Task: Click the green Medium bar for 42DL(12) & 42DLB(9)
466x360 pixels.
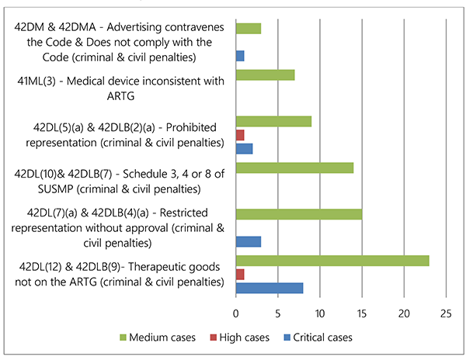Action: pos(332,261)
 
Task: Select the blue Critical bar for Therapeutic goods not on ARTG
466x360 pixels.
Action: pos(269,288)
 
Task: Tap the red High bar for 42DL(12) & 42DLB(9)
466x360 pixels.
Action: pos(240,274)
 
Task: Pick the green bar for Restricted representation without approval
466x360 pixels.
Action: pos(298,214)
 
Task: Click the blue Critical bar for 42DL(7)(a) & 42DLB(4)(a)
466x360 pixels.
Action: pos(248,241)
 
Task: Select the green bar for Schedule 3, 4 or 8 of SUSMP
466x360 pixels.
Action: pos(294,168)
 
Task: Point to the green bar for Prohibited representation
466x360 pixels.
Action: pos(273,121)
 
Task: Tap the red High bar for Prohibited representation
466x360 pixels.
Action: pos(240,135)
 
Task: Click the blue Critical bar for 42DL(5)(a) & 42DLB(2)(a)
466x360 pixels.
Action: pos(244,148)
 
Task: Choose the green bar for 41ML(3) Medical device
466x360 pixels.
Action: pos(265,75)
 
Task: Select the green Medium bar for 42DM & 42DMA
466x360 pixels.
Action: pos(248,29)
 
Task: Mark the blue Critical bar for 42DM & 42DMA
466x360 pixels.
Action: pos(240,56)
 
